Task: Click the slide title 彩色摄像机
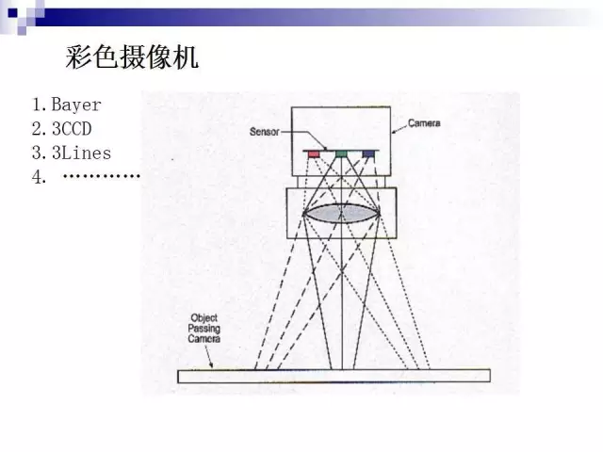coord(132,56)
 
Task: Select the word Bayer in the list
coord(76,105)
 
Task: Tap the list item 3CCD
coord(72,129)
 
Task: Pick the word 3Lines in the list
coord(82,153)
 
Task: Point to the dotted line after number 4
coord(102,176)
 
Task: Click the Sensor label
coord(265,132)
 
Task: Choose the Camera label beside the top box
coord(424,123)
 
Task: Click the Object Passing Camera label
coord(204,329)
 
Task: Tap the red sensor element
coord(314,154)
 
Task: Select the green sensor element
coord(341,154)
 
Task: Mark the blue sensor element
coord(368,154)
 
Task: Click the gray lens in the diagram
coord(341,214)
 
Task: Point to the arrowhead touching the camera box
coord(394,132)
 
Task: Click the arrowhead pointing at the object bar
coord(211,364)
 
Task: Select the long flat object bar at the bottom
coord(334,376)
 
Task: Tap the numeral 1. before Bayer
coord(40,105)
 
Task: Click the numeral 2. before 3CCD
coord(40,129)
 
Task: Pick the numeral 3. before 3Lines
coord(40,153)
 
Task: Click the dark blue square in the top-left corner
coord(12,13)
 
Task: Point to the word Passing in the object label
coord(204,329)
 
